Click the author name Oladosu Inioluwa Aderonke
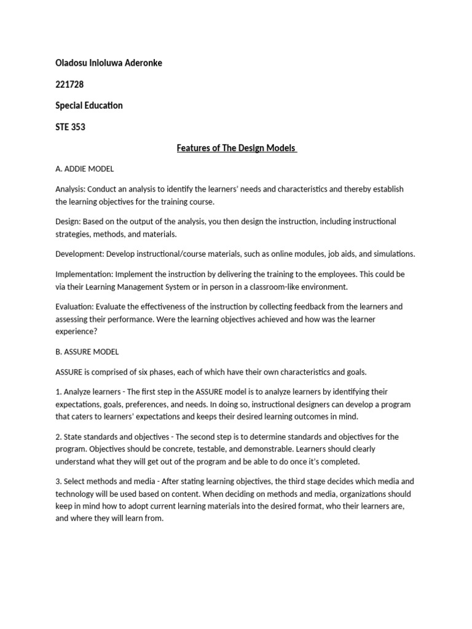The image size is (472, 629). tap(109, 63)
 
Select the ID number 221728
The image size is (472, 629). tap(69, 84)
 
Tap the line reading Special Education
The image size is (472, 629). tap(88, 105)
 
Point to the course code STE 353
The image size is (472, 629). tap(70, 127)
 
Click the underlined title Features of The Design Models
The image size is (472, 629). tap(237, 148)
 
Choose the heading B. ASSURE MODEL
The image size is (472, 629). tap(87, 352)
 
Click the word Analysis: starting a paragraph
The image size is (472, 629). tap(71, 189)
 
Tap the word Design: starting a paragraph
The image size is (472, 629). tap(68, 221)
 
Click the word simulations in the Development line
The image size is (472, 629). tap(391, 254)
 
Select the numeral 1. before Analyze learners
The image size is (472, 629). tap(58, 391)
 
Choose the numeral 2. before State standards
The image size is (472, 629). tap(58, 437)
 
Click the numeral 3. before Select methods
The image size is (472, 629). tap(58, 482)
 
